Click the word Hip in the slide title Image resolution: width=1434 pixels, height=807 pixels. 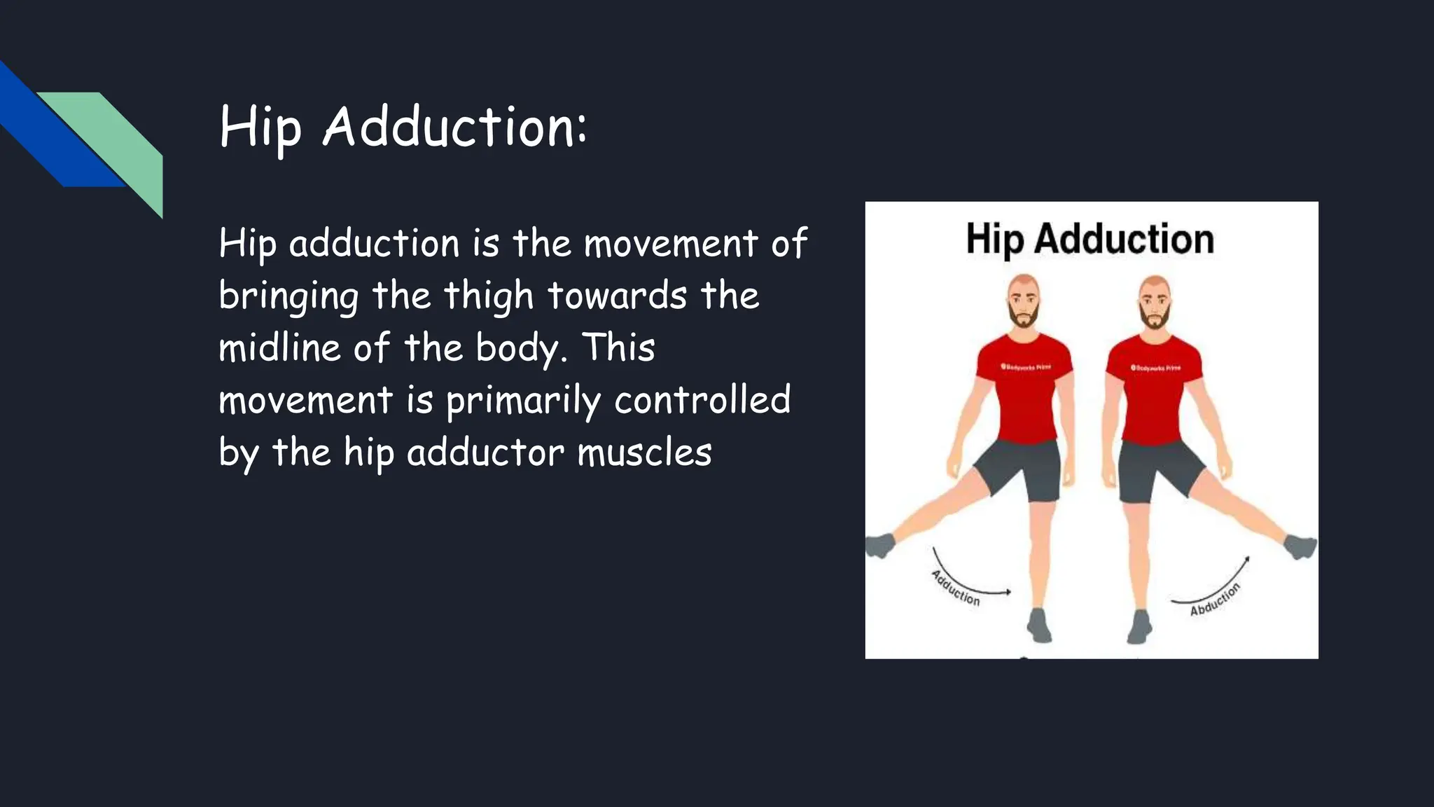coord(260,127)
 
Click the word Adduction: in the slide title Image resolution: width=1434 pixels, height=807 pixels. coord(454,127)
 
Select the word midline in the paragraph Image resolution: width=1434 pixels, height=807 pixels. coord(279,347)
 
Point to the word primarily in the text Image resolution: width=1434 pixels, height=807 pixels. coord(523,401)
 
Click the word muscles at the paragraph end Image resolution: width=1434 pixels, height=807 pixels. coord(644,453)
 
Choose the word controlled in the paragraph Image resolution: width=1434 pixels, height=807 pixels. coord(702,400)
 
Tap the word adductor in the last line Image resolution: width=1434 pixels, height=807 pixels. coord(485,453)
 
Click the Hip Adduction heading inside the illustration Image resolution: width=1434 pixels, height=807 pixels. coord(1090,239)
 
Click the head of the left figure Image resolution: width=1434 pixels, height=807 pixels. coord(1024,300)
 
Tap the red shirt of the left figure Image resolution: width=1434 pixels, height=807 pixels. coord(1023,392)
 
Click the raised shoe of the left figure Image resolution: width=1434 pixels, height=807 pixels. coord(879,545)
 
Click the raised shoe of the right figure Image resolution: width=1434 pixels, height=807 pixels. coord(1301,546)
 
